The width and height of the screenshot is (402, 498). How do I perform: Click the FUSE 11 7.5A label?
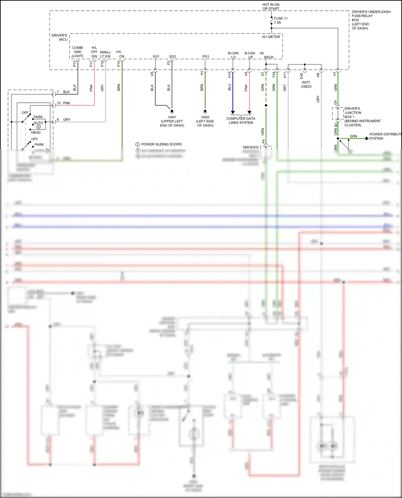(x=280, y=20)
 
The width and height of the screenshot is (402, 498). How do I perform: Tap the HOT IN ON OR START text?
(x=271, y=7)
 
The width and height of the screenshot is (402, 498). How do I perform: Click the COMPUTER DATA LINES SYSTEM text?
(x=241, y=120)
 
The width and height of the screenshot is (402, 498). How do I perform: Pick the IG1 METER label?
(x=271, y=37)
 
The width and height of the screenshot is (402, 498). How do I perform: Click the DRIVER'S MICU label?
(x=60, y=37)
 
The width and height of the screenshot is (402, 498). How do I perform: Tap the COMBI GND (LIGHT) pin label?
(x=77, y=52)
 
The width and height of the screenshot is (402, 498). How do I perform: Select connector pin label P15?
(x=119, y=64)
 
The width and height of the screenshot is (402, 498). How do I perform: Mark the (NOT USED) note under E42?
(x=306, y=84)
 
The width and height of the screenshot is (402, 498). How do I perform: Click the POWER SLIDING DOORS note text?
(x=161, y=144)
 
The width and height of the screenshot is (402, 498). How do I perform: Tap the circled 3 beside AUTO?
(x=38, y=127)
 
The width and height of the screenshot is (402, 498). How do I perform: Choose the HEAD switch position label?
(x=36, y=132)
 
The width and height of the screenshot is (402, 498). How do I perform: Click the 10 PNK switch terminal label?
(x=64, y=103)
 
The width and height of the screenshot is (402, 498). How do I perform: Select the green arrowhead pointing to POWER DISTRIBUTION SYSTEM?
(x=367, y=138)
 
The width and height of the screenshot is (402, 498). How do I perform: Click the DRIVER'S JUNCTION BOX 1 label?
(x=353, y=113)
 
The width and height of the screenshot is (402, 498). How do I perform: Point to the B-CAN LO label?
(x=233, y=55)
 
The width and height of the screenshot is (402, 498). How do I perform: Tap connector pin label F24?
(x=274, y=74)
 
